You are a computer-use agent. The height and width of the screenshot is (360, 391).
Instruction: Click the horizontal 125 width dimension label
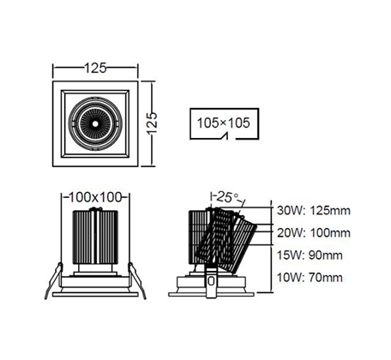tap(95, 68)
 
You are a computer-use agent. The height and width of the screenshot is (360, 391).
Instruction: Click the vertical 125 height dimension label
tap(152, 123)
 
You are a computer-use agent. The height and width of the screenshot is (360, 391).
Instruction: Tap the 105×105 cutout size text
tap(224, 123)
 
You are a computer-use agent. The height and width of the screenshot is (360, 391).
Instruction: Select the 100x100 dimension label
tap(95, 197)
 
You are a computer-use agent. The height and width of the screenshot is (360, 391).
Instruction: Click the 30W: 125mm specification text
tap(314, 211)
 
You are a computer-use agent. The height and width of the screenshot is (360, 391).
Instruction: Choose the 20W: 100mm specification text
tap(314, 233)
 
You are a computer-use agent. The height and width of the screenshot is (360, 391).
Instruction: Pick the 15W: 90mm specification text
tap(310, 255)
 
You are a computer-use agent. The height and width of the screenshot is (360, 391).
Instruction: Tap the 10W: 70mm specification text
tap(310, 277)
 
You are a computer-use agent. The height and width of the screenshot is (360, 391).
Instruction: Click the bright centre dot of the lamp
tap(95, 123)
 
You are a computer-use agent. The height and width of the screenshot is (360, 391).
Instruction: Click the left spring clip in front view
tap(54, 280)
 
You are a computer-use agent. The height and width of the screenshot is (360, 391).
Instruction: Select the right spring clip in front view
tap(137, 280)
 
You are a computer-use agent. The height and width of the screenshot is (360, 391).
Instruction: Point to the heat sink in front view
tap(95, 237)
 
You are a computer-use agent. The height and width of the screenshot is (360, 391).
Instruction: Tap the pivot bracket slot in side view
tap(211, 281)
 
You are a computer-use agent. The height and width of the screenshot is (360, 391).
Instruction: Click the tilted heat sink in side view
tap(226, 240)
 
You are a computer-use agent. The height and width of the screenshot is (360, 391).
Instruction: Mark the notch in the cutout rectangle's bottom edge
tap(226, 136)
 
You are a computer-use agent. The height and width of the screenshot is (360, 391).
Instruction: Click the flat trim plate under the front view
tap(95, 294)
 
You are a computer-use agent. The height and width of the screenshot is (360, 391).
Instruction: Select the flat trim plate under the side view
tap(211, 294)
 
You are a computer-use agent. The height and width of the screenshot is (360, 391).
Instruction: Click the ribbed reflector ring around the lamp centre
tap(95, 123)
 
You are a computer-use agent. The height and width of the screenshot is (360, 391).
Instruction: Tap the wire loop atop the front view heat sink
tap(96, 209)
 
